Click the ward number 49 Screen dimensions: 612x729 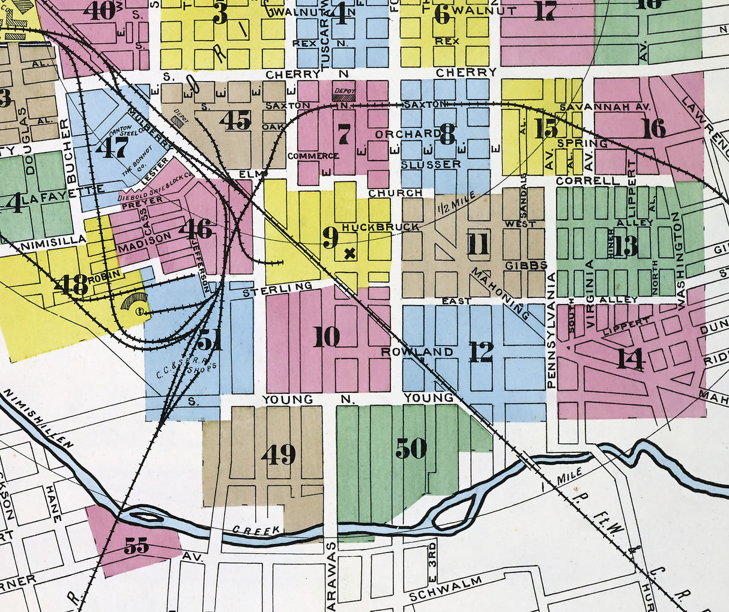click(279, 454)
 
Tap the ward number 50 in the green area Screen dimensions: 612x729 click(411, 447)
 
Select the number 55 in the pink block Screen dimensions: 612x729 click(136, 545)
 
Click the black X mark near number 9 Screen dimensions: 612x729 click(349, 253)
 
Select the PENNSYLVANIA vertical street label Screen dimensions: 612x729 click(551, 330)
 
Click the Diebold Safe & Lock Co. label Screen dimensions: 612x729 click(154, 187)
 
